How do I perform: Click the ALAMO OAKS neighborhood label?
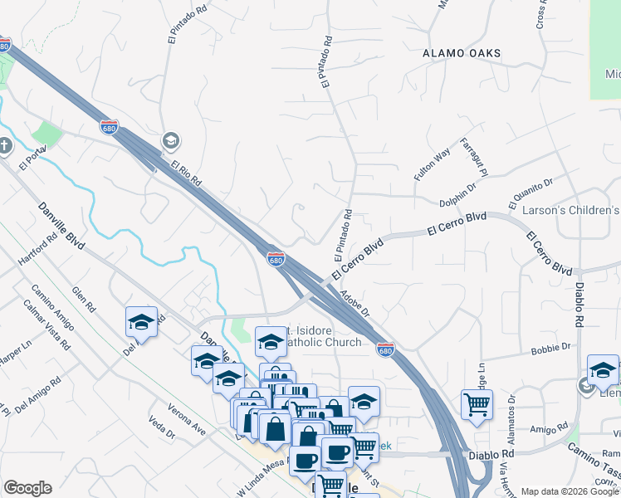(x=462, y=53)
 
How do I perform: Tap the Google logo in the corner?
(x=27, y=488)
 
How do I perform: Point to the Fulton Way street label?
(x=432, y=164)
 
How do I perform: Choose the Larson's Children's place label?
(x=571, y=211)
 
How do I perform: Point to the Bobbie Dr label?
(x=555, y=348)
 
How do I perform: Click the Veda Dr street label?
(x=161, y=428)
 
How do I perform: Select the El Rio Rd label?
(x=188, y=173)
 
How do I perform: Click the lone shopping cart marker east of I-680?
(x=477, y=404)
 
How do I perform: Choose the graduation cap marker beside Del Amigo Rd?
(x=142, y=322)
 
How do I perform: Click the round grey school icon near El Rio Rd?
(x=171, y=140)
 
